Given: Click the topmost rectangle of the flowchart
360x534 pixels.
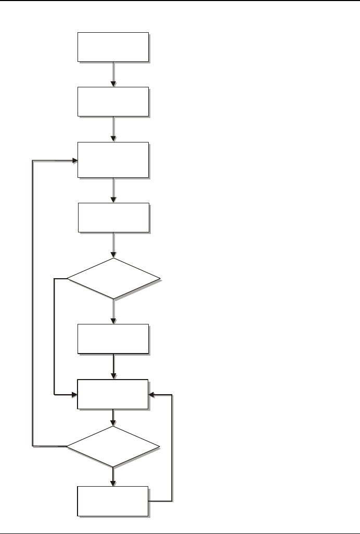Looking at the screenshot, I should [113, 47].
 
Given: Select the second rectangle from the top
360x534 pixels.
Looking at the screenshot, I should [113, 101].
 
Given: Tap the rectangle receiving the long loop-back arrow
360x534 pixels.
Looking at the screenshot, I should [113, 160].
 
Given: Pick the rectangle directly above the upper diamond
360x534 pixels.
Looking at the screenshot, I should [113, 217].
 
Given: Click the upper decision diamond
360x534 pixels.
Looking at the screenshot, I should [113, 278].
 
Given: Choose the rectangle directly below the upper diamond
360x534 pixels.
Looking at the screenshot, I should [113, 339].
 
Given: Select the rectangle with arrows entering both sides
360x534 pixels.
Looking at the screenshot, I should [113, 394].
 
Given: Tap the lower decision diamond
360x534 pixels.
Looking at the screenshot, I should [113, 446].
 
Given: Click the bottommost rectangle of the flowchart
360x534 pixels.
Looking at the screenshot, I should [113, 501].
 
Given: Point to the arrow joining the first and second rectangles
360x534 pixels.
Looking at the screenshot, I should [113, 74].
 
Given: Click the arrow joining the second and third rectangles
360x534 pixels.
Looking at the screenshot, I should [113, 129].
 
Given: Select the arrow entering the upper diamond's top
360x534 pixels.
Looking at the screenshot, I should [113, 245].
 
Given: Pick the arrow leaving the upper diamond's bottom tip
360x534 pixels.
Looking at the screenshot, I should [113, 311].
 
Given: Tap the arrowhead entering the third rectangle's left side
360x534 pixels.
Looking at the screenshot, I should [74, 160].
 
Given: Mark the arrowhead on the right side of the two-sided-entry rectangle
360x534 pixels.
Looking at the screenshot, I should [151, 395].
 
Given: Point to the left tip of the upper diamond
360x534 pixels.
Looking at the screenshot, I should [67, 278].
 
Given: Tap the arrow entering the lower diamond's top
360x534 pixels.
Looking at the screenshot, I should [113, 418].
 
